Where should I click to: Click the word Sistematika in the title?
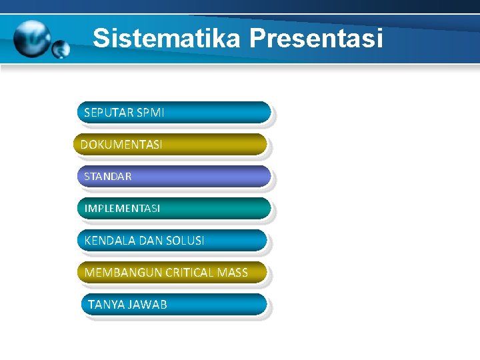167,38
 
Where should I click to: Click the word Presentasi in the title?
316,38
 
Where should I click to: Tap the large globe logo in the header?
33,38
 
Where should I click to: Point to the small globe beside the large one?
61,49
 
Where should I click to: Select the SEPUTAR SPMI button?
174,113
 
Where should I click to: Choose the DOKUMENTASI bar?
170,144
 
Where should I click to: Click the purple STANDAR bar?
174,177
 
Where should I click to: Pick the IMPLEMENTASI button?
174,208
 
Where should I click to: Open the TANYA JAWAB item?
174,305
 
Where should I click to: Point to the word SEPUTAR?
109,113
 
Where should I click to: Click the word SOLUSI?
185,240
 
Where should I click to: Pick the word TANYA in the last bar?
104,305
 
